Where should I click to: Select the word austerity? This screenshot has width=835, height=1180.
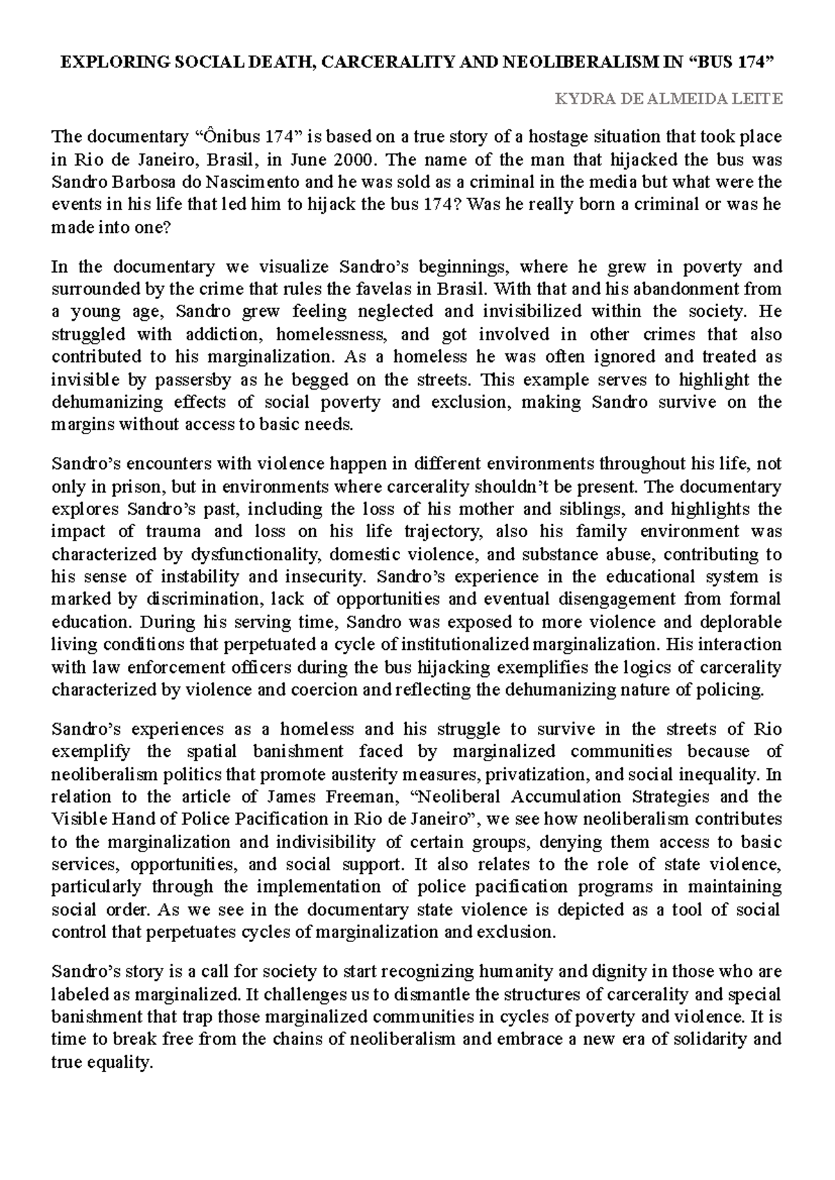342,774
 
